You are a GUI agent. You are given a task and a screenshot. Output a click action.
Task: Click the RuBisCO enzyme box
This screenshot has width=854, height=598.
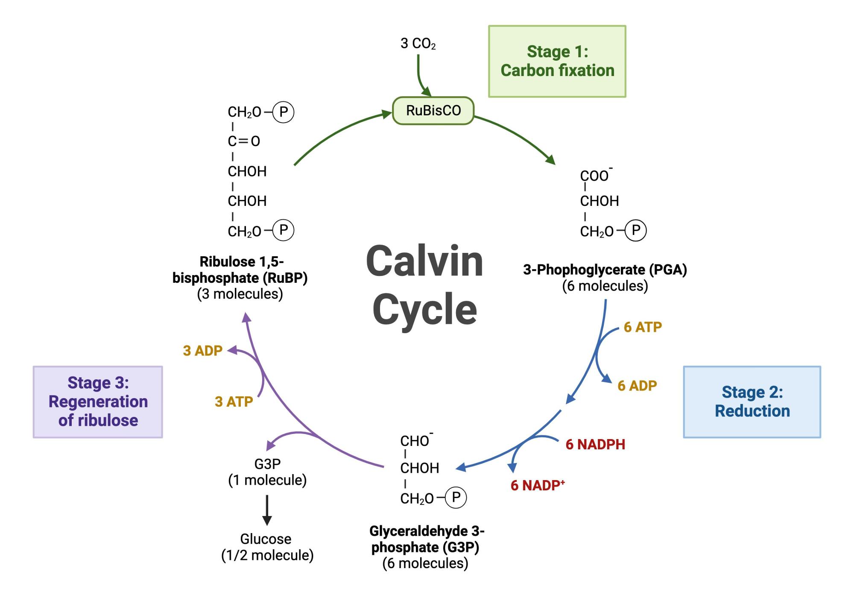point(433,111)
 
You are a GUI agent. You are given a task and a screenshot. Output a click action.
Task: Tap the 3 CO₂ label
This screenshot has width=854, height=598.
point(418,44)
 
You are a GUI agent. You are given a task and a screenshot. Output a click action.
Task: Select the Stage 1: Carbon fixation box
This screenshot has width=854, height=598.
point(557,61)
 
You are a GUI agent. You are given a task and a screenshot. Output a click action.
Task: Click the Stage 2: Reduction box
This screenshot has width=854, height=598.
point(752,402)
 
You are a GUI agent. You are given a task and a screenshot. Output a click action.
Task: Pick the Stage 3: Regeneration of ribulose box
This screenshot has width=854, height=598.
point(98,402)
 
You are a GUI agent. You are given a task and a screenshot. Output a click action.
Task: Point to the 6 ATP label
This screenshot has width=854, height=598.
point(643,327)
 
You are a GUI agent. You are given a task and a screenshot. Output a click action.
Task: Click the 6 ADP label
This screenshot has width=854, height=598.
point(637,386)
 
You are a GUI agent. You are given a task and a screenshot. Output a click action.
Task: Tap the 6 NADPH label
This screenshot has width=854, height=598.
point(595,444)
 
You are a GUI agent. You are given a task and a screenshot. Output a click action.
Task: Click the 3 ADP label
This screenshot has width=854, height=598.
point(203,351)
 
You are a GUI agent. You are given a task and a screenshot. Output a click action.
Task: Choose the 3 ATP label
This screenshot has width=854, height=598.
point(234,402)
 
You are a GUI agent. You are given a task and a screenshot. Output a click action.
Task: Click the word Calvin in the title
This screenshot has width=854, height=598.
point(424,261)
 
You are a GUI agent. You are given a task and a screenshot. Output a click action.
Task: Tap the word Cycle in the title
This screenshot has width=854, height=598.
point(424,310)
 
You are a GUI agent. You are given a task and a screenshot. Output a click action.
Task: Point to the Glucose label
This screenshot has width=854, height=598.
point(266,539)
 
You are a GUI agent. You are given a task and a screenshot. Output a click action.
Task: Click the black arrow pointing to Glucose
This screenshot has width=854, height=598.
point(267,510)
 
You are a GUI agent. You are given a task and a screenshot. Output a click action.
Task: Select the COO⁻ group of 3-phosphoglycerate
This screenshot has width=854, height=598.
point(595,176)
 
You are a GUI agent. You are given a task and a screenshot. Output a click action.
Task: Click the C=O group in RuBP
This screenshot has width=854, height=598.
point(244,141)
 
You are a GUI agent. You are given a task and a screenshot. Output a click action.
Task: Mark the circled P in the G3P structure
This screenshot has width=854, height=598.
point(456,497)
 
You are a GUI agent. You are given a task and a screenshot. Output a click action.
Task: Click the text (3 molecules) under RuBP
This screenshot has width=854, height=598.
point(240,294)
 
